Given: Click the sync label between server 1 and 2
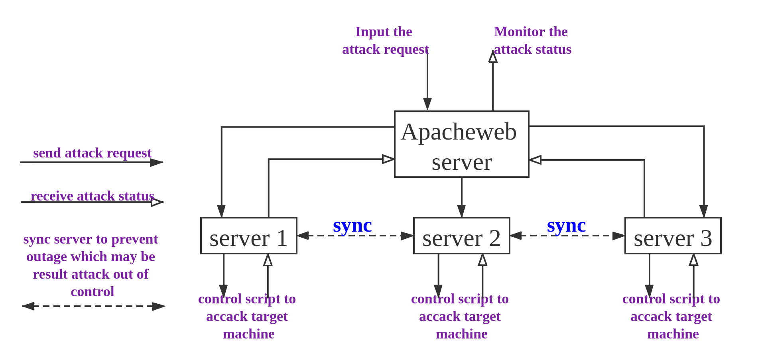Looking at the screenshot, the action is [352, 226].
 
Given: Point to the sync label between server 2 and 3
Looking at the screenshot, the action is [566, 226].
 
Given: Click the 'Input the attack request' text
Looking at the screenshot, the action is [385, 40].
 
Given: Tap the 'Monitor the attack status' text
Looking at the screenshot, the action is [533, 40].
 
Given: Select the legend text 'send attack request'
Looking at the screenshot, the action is [92, 153].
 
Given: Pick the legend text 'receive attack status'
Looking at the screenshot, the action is [92, 196].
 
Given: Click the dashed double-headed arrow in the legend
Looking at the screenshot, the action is [94, 306].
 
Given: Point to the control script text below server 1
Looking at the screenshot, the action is [247, 316].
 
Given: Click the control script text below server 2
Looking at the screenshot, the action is [460, 316].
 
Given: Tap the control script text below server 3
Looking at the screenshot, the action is [671, 316].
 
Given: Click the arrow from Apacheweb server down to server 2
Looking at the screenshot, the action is [461, 197].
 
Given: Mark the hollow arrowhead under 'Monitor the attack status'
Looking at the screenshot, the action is [493, 57].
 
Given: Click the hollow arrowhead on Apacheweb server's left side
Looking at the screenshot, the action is [388, 159].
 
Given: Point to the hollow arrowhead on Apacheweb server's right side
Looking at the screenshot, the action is [536, 160].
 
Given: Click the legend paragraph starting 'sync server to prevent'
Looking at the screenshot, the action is [91, 265].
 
